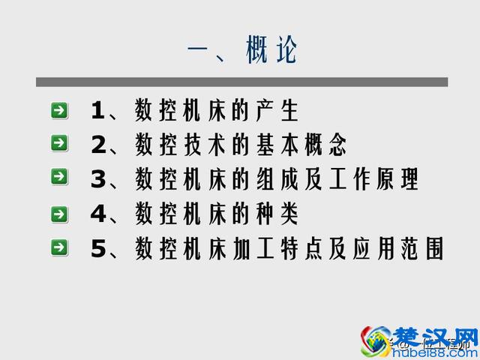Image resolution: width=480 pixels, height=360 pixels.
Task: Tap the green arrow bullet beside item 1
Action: pos(60,111)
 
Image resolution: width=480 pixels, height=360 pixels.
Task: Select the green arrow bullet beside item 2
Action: pos(60,142)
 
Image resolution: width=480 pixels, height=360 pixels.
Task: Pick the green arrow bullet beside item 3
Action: pos(60,177)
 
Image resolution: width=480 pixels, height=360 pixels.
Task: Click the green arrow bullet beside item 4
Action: pos(60,214)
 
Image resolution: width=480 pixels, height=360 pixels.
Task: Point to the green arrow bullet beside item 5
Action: pos(60,247)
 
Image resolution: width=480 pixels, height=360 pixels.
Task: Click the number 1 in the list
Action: pos(98,111)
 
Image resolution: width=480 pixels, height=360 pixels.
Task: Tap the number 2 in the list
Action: pos(98,144)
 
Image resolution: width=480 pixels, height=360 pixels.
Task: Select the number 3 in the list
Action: pos(98,179)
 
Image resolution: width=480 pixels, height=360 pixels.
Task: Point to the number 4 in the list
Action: pos(98,214)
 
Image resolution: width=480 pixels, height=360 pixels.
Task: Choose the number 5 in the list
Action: pos(98,249)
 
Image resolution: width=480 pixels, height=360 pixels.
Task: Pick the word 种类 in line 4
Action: pos(275,214)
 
